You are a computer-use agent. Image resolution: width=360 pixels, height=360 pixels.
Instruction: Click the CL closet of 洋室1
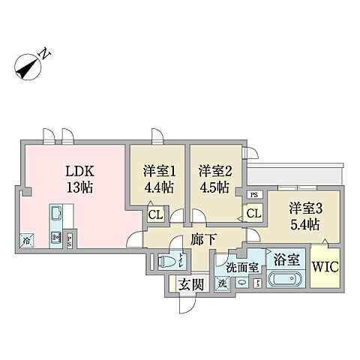[x=156, y=215]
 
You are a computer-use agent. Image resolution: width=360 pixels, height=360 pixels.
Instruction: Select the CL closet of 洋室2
[x=253, y=214]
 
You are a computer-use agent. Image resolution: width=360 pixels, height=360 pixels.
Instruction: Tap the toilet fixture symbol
[x=169, y=262]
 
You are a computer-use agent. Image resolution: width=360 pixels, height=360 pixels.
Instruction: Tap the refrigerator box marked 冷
[x=27, y=241]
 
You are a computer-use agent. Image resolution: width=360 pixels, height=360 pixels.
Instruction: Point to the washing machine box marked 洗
[x=221, y=283]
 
